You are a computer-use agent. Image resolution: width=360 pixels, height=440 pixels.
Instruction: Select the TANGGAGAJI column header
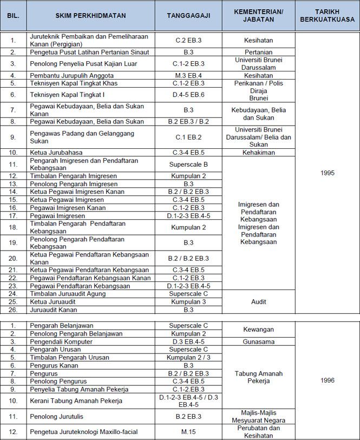coord(188,16)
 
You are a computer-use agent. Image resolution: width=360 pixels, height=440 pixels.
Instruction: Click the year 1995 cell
coord(328,173)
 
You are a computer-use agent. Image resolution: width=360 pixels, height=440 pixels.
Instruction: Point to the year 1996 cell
coord(328,380)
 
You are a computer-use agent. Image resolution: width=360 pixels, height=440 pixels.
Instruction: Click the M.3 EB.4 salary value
coord(188,75)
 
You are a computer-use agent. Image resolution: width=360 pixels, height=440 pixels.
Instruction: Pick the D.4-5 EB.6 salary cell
coord(188,95)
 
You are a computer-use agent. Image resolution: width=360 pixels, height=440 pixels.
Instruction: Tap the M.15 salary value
coord(188,431)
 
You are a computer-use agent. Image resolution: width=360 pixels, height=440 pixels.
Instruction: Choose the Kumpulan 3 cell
coord(188,301)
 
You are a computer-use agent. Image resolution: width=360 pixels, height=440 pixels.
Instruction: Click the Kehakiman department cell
coord(258,153)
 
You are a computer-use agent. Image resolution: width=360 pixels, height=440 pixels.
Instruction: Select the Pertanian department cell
coord(258,52)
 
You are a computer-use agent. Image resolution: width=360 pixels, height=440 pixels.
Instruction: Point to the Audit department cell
coord(258,301)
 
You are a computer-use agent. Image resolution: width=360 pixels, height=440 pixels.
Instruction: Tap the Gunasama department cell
coord(258,342)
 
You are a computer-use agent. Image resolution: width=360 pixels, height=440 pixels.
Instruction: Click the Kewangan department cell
coord(258,330)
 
